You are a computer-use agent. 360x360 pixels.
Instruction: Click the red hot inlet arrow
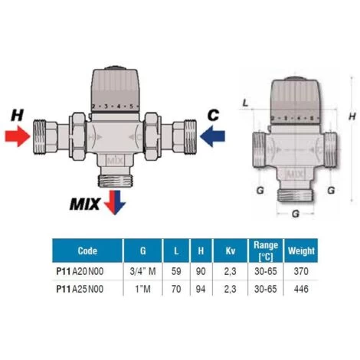point(18,136)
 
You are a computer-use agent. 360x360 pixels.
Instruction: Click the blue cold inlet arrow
point(212,136)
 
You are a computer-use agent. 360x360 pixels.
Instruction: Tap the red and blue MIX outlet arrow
point(115,202)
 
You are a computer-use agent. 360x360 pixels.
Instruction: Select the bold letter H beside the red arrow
point(18,115)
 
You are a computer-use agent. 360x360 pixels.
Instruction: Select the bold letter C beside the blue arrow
point(213,115)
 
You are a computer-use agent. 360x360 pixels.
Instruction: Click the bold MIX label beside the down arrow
point(85,205)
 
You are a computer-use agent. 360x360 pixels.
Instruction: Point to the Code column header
point(87,250)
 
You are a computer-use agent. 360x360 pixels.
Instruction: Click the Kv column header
point(231,250)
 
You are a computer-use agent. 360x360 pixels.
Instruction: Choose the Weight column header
point(301,250)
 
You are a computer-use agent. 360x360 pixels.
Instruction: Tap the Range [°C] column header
point(266,250)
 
